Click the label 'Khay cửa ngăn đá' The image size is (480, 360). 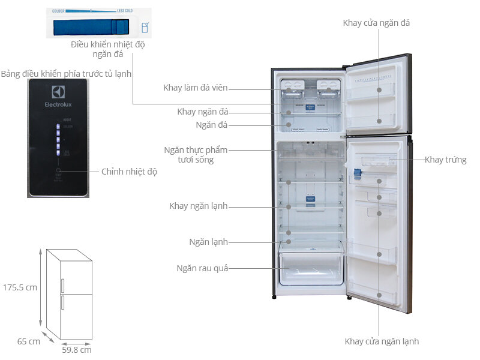376,23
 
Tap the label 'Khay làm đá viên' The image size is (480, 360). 196,88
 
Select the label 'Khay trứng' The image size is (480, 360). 445,160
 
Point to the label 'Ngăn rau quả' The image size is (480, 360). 202,268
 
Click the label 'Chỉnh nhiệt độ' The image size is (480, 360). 129,172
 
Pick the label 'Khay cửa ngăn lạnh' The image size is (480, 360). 382,341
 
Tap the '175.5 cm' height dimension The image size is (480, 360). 19,287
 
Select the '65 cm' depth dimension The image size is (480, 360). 28,341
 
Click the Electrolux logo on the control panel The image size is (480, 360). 58,96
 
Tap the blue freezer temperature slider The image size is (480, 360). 90,28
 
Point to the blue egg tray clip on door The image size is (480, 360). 357,173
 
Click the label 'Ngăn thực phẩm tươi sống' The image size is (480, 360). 196,155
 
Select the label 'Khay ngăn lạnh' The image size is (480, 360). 198,206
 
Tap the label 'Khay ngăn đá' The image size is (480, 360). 203,112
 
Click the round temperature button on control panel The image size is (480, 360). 58,171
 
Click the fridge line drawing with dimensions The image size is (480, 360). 68,294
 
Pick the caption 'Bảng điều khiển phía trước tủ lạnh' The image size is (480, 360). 66,73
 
